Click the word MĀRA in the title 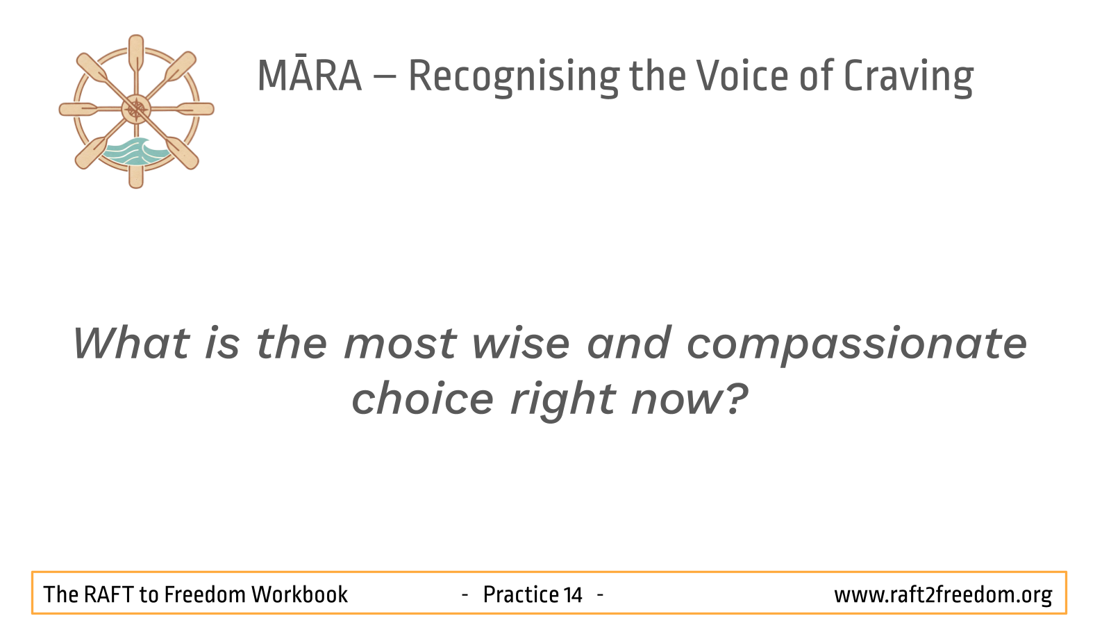310,76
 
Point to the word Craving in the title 908,77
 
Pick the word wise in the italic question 520,343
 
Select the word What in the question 131,343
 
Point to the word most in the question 400,344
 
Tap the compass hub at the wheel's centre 136,109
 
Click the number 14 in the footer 572,594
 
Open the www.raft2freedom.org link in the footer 943,595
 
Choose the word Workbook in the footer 299,594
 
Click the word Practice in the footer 520,594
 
